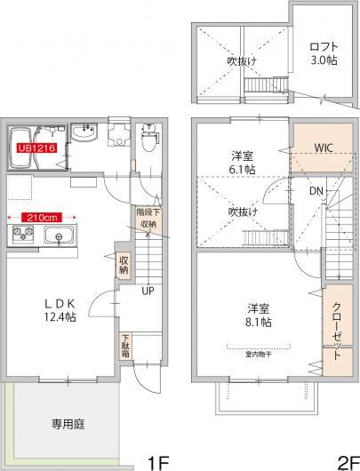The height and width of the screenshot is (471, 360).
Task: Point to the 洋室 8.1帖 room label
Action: (258, 314)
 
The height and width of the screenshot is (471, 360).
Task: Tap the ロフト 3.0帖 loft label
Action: (322, 52)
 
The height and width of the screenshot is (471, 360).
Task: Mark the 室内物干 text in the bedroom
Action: (258, 350)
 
